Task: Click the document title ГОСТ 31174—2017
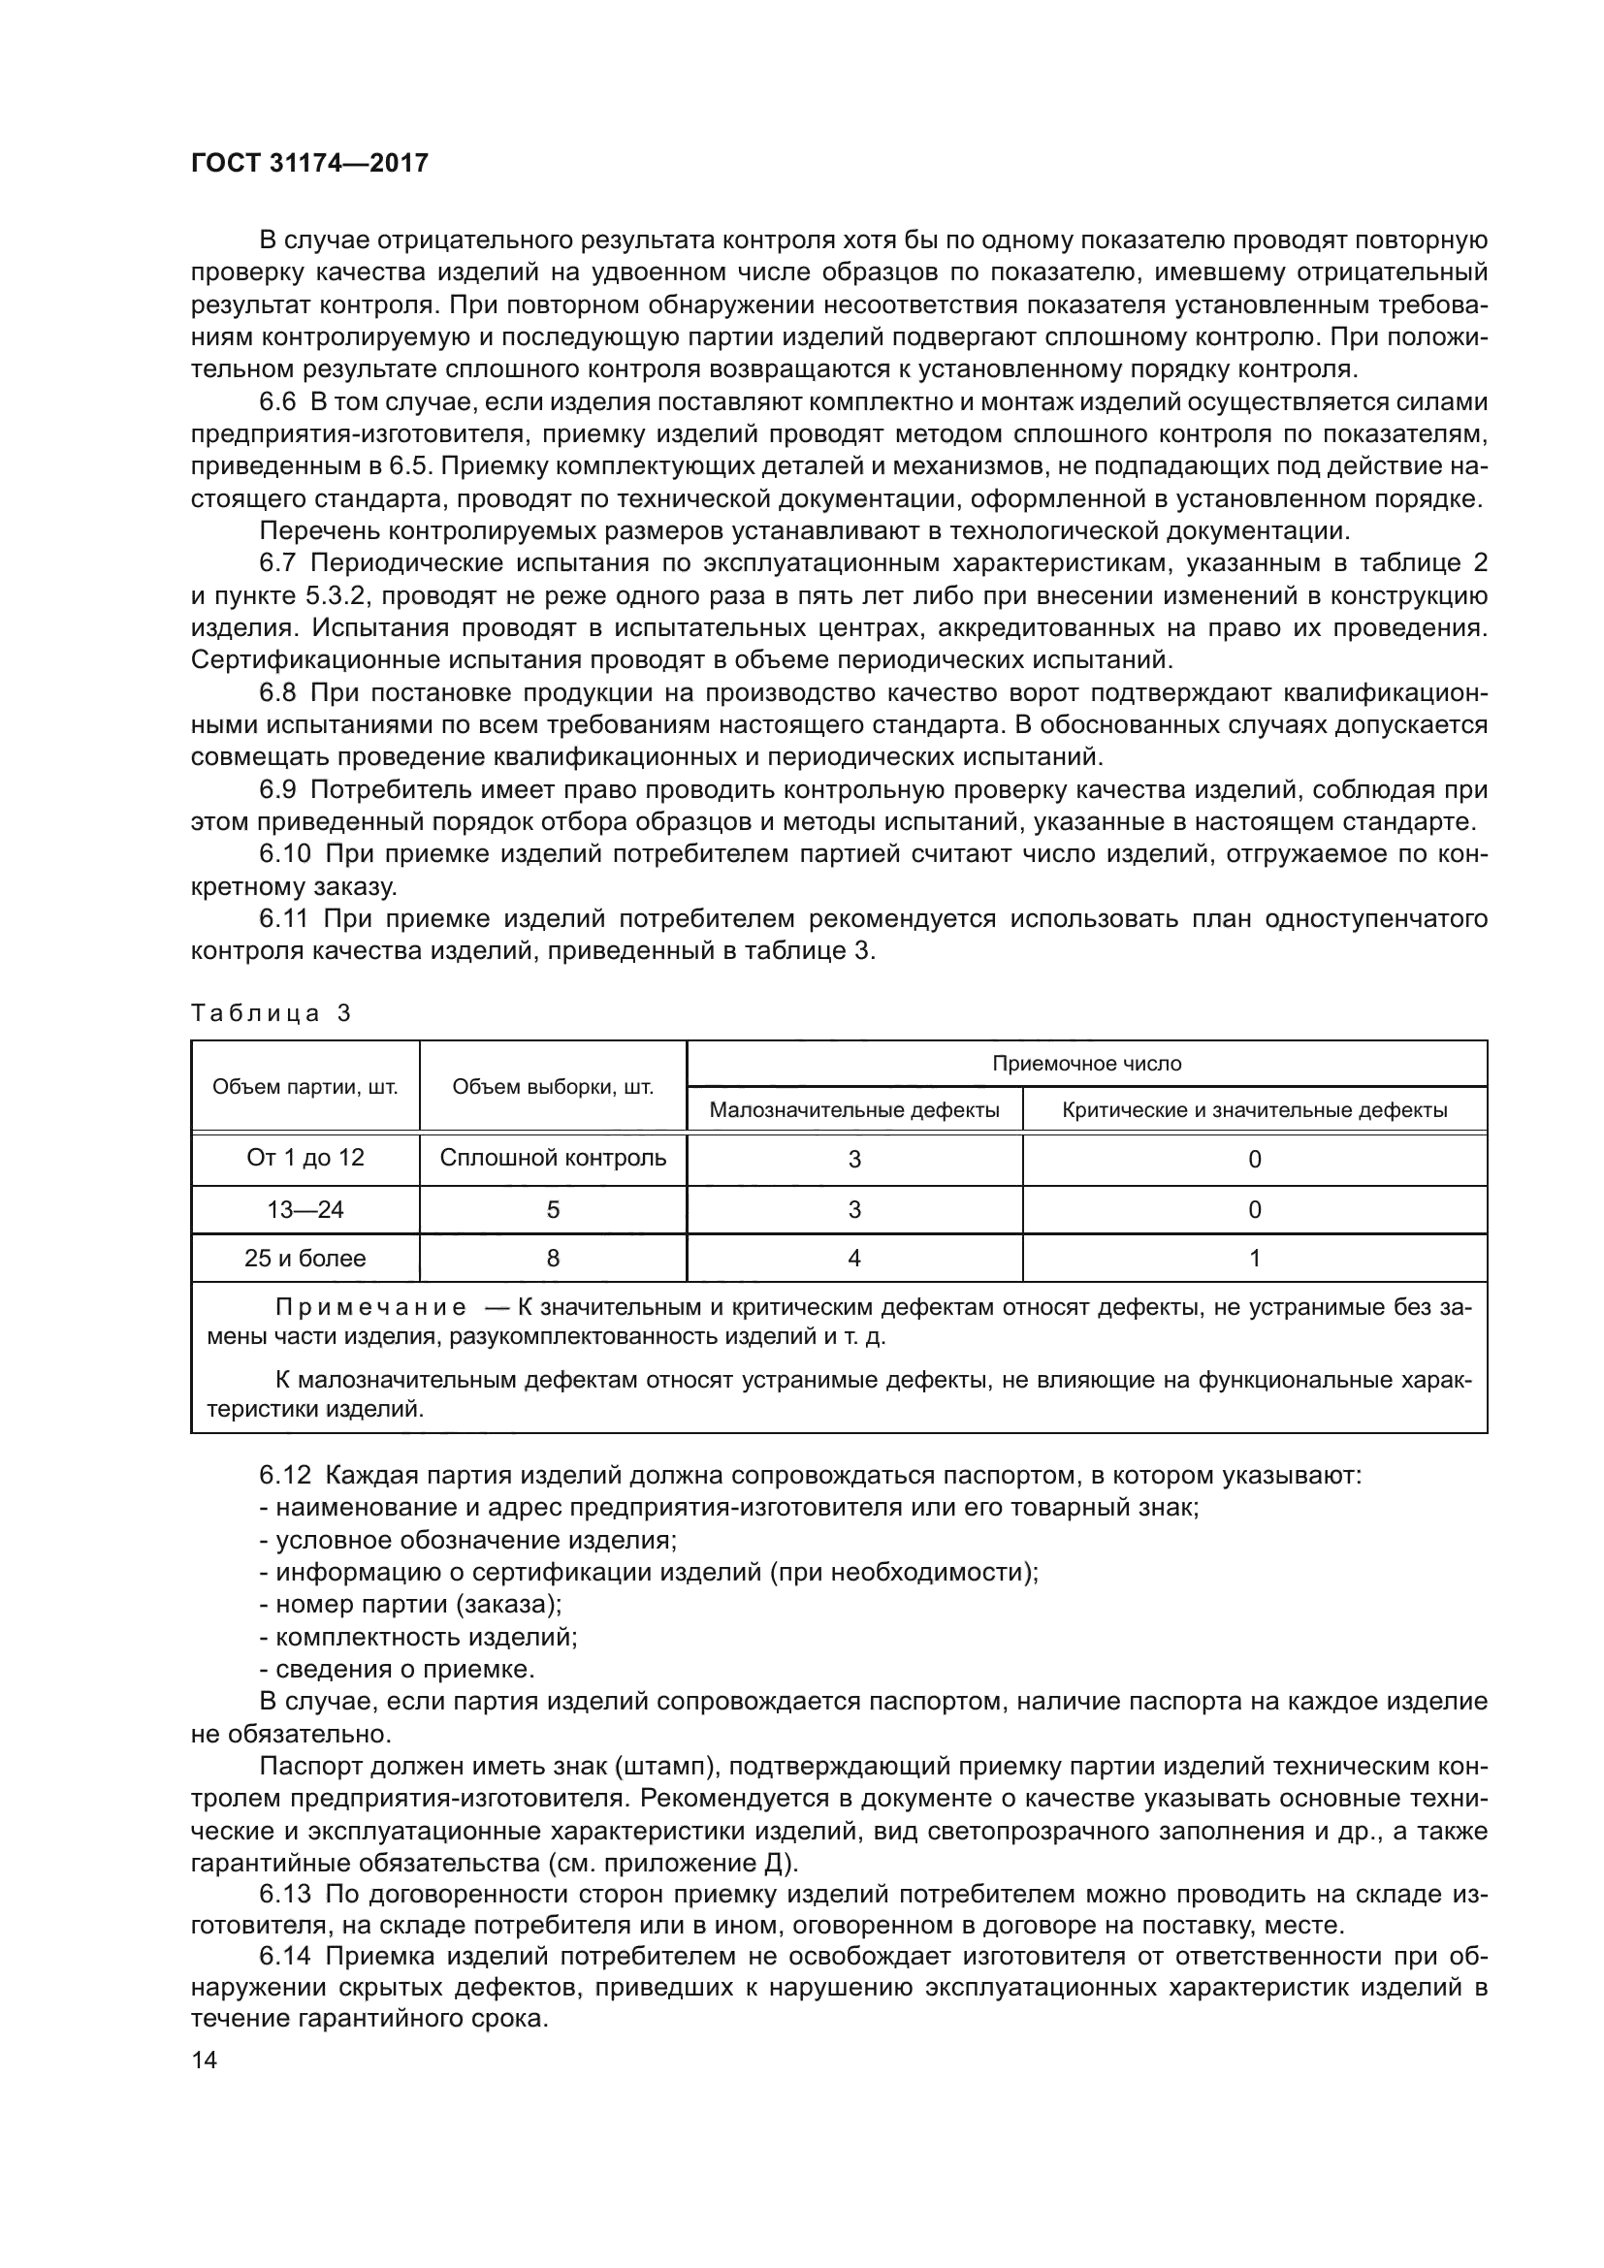click(x=309, y=164)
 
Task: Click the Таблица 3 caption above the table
click(x=271, y=1013)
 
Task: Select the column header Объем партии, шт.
click(x=305, y=1088)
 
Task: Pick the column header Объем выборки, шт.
click(x=553, y=1088)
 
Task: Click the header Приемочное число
click(x=1086, y=1064)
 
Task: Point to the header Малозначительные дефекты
click(x=854, y=1110)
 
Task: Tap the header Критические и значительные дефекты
click(x=1254, y=1110)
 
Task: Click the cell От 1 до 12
click(x=305, y=1158)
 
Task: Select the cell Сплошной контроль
click(x=553, y=1158)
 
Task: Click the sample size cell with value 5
click(x=553, y=1210)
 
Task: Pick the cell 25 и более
click(x=305, y=1259)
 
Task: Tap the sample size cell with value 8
click(x=553, y=1259)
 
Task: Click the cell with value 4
click(x=854, y=1259)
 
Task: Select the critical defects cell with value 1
click(x=1254, y=1259)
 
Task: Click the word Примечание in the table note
click(x=370, y=1309)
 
